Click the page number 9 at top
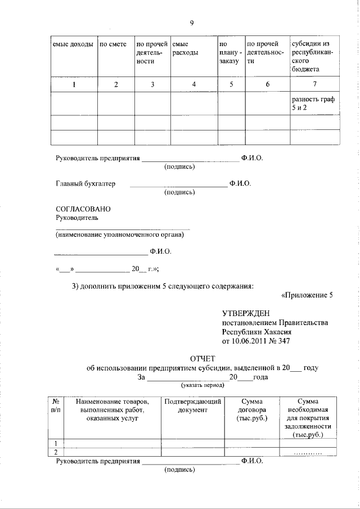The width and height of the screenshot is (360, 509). (x=192, y=23)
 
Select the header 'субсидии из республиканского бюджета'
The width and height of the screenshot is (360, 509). (x=313, y=56)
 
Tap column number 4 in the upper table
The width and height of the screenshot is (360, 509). (x=194, y=84)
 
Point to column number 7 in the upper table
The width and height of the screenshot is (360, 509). (x=314, y=84)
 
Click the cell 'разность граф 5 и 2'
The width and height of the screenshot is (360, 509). (x=313, y=103)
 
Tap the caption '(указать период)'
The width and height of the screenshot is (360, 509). (x=202, y=386)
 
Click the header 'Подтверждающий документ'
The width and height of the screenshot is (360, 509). (x=193, y=406)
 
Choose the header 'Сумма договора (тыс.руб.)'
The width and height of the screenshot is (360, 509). (x=252, y=410)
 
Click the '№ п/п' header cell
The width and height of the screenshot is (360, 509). (x=56, y=406)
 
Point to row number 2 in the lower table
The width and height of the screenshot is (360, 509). (x=56, y=452)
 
